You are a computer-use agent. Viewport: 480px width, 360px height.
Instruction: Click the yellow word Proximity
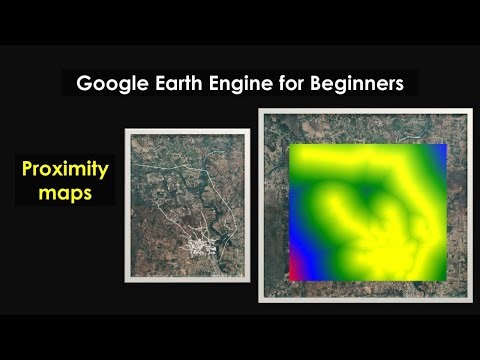click(64, 169)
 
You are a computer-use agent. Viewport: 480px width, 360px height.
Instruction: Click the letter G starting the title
click(84, 83)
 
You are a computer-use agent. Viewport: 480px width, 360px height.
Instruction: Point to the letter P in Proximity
click(28, 169)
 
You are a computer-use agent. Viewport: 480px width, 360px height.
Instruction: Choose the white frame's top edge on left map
click(185, 131)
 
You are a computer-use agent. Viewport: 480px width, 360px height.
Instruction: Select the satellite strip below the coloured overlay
click(365, 286)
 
